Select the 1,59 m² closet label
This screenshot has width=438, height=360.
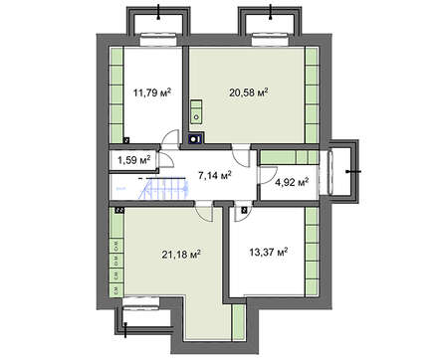pyautogui.click(x=134, y=159)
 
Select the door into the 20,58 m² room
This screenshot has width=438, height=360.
pyautogui.click(x=240, y=149)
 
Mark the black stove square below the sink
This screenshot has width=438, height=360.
pyautogui.click(x=197, y=138)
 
